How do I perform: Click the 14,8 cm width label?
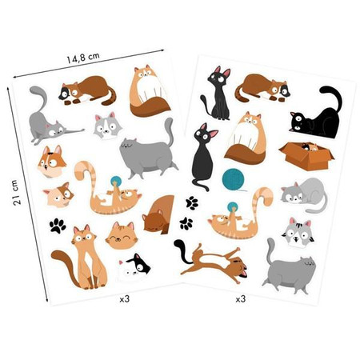coord(83,58)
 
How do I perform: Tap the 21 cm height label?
coord(16,192)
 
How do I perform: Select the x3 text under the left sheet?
coord(124,299)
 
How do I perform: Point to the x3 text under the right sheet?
coord(240,299)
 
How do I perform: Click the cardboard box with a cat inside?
coord(306,156)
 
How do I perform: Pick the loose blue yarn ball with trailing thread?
coord(233,180)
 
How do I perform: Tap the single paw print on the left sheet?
coord(58,226)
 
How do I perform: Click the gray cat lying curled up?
coord(304,194)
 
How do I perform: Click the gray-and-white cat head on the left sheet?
coord(107,126)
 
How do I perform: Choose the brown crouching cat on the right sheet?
coord(262,89)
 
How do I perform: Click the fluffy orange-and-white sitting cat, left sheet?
coord(150,92)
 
